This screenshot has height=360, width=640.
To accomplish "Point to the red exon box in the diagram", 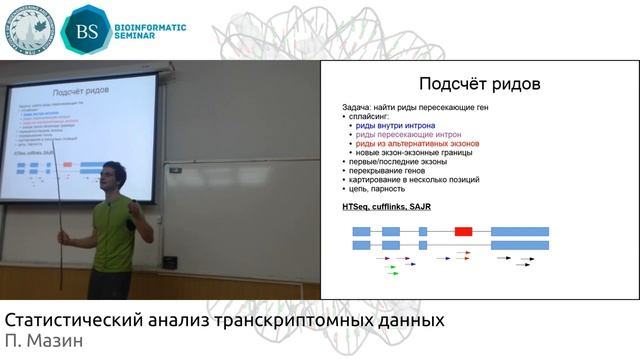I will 463,231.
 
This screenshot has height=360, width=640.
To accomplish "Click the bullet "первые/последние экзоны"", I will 395,161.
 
